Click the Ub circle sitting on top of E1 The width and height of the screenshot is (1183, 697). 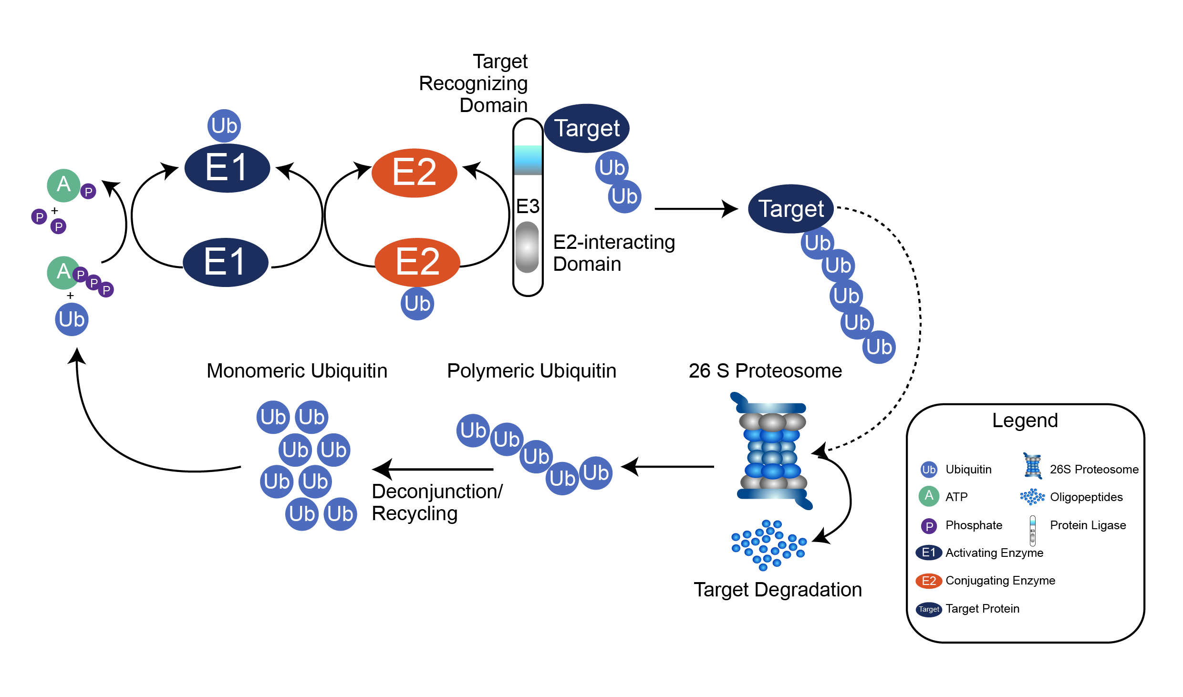pyautogui.click(x=224, y=126)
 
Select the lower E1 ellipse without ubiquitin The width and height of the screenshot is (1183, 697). pyautogui.click(x=226, y=262)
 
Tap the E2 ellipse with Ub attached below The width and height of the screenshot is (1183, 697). pyautogui.click(x=417, y=262)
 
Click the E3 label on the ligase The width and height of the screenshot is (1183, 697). pyautogui.click(x=528, y=206)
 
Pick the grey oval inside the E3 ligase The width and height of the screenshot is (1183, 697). pyautogui.click(x=527, y=247)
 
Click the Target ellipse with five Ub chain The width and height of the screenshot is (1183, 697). pyautogui.click(x=791, y=209)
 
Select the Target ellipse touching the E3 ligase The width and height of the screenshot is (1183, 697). pyautogui.click(x=587, y=128)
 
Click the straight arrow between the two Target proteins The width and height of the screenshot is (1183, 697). pyautogui.click(x=696, y=209)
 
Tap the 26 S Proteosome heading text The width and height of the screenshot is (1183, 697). pyautogui.click(x=765, y=371)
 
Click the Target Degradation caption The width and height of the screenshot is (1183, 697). pyautogui.click(x=778, y=590)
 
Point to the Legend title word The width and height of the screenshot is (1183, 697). pyautogui.click(x=1025, y=420)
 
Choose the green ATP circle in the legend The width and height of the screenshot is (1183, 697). pyautogui.click(x=929, y=496)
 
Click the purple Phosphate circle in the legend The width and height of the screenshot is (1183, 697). pyautogui.click(x=929, y=526)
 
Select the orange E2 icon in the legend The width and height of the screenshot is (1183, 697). pyautogui.click(x=929, y=581)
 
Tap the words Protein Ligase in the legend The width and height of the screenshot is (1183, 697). pyautogui.click(x=1088, y=525)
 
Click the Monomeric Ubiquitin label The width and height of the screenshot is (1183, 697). pyautogui.click(x=297, y=371)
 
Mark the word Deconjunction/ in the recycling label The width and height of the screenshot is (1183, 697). pyautogui.click(x=437, y=492)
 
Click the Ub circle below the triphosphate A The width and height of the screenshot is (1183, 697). pyautogui.click(x=72, y=319)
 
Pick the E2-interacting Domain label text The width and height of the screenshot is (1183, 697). pyautogui.click(x=614, y=253)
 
